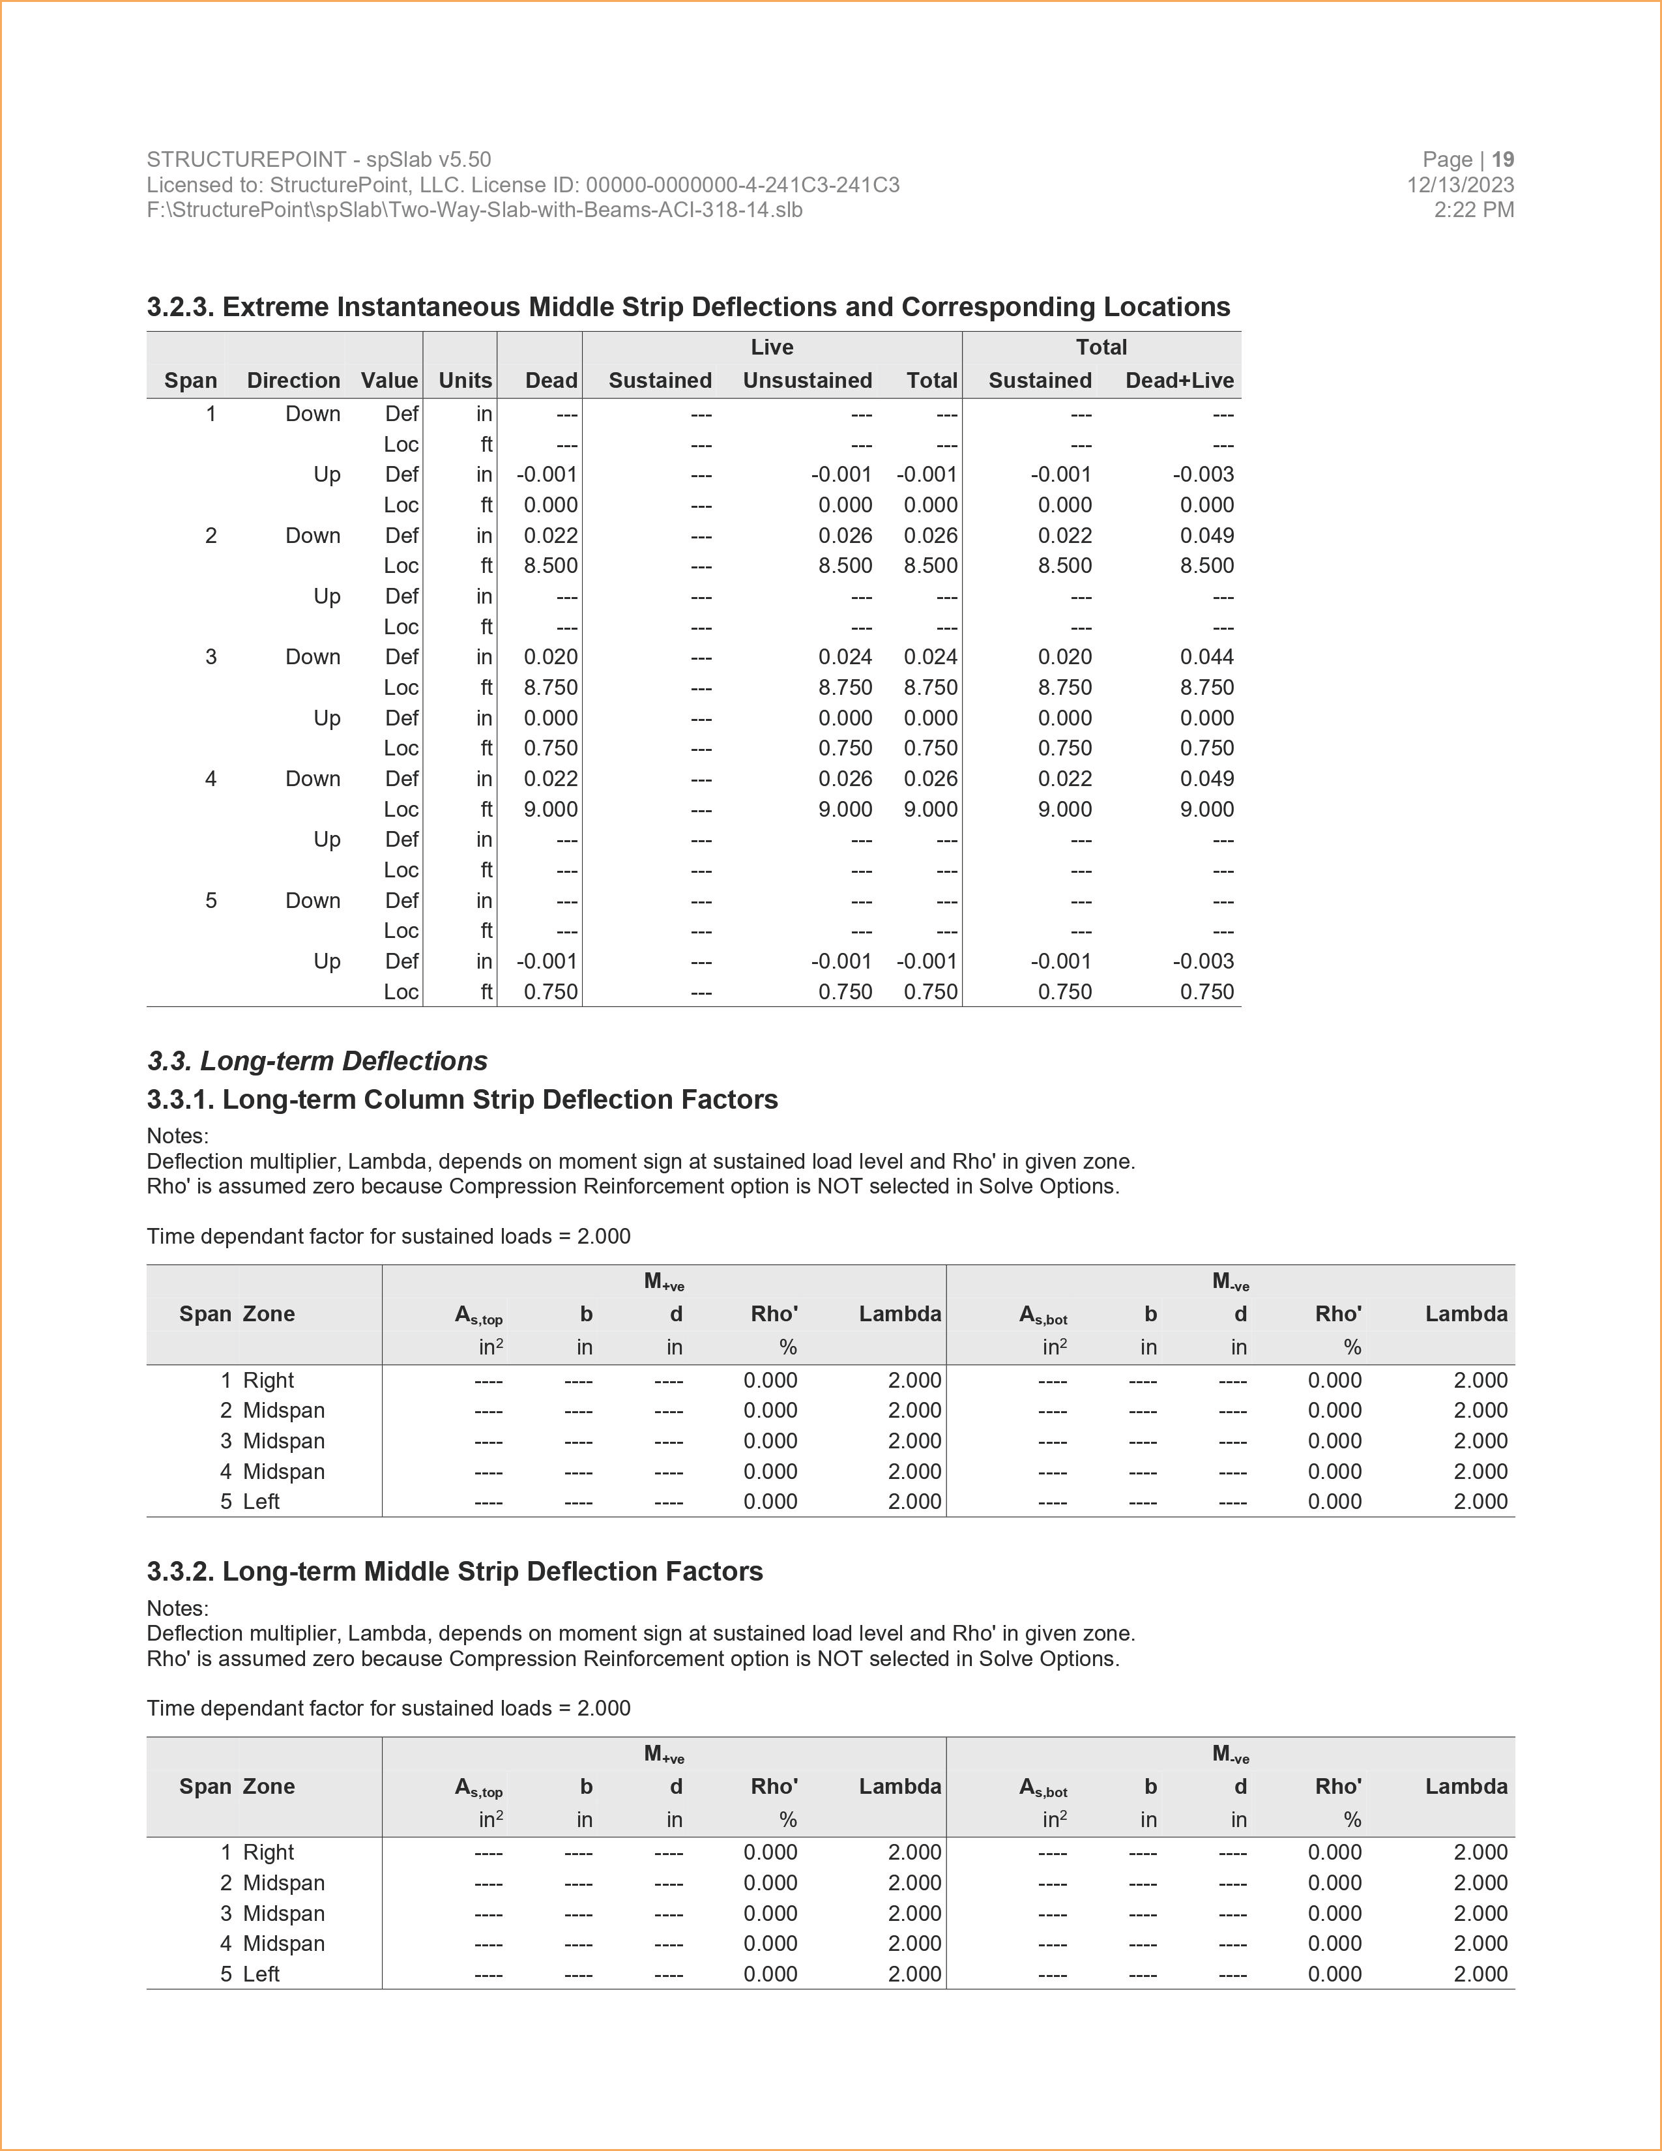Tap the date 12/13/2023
(x=1460, y=185)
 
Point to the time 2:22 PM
(x=1474, y=210)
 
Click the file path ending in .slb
(x=474, y=210)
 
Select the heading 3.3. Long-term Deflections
(x=317, y=1061)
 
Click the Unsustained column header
(x=808, y=381)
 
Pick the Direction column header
(x=293, y=381)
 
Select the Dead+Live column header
(x=1180, y=381)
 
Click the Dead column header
(x=551, y=381)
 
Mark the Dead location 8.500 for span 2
(x=550, y=566)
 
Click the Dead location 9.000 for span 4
(x=550, y=810)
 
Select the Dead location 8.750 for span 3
(x=550, y=688)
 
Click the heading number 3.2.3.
(x=181, y=307)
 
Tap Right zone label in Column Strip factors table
(x=269, y=1381)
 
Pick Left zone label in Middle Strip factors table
(x=261, y=1974)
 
